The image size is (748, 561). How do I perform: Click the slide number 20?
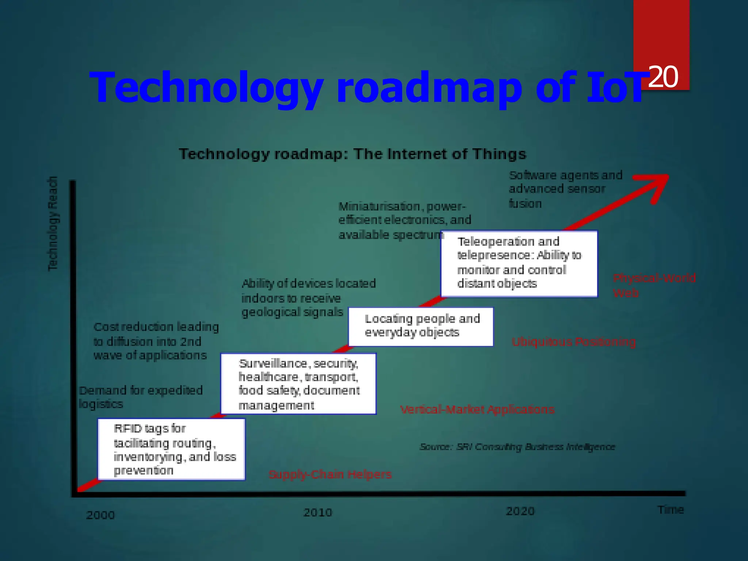(663, 77)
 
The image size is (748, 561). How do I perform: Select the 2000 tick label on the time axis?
(100, 515)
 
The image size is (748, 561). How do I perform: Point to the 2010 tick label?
(318, 513)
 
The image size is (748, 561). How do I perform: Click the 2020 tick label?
(520, 511)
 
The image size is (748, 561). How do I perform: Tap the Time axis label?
(671, 510)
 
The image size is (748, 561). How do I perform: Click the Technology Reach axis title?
(53, 224)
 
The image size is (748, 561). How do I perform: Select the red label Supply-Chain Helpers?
(330, 474)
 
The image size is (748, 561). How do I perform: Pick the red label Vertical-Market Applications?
(477, 409)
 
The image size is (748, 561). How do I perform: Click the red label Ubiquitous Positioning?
(573, 342)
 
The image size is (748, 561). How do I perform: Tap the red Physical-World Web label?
(654, 285)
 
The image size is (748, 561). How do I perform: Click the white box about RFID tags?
(171, 449)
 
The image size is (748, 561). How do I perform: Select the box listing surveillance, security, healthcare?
(298, 384)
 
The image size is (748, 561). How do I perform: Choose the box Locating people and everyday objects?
(421, 327)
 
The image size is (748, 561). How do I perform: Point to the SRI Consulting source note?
(517, 447)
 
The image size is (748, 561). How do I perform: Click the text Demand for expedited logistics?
(141, 397)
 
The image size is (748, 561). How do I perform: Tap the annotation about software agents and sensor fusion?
(565, 189)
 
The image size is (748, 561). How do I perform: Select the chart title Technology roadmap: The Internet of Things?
(352, 154)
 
